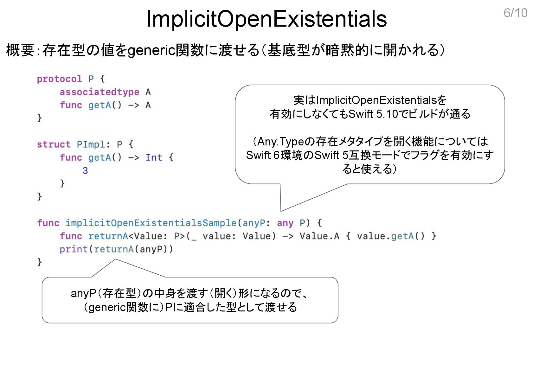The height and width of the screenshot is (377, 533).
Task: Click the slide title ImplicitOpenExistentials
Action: pyautogui.click(x=266, y=19)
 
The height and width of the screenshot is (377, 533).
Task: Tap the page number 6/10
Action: pyautogui.click(x=515, y=13)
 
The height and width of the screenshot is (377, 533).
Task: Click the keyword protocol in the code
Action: pyautogui.click(x=59, y=79)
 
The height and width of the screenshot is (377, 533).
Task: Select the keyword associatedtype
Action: pyautogui.click(x=99, y=92)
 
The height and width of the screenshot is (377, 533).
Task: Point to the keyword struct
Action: pyautogui.click(x=54, y=144)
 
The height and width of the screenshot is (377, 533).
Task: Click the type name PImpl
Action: pyautogui.click(x=91, y=144)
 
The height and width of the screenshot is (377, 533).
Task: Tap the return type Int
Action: pyautogui.click(x=154, y=157)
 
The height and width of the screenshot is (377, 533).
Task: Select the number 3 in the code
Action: pyautogui.click(x=85, y=170)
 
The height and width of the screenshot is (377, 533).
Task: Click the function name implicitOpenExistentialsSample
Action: pyautogui.click(x=151, y=223)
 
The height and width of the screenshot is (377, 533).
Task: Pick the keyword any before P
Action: pyautogui.click(x=285, y=223)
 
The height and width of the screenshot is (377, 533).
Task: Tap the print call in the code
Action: pyautogui.click(x=74, y=249)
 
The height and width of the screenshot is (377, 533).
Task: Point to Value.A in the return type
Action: pyautogui.click(x=319, y=236)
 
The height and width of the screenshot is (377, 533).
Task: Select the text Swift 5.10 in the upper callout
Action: pyautogui.click(x=373, y=114)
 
